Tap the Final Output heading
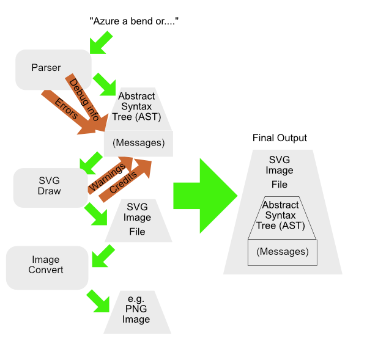pos(279,138)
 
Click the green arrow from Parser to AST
pos(104,83)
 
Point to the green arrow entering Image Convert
pos(101,256)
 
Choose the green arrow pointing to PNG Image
pos(96,299)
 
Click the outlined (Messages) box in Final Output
pos(283,252)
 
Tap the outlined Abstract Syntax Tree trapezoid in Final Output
pos(283,217)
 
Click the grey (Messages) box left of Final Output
pos(138,143)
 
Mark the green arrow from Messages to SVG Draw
pos(92,161)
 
